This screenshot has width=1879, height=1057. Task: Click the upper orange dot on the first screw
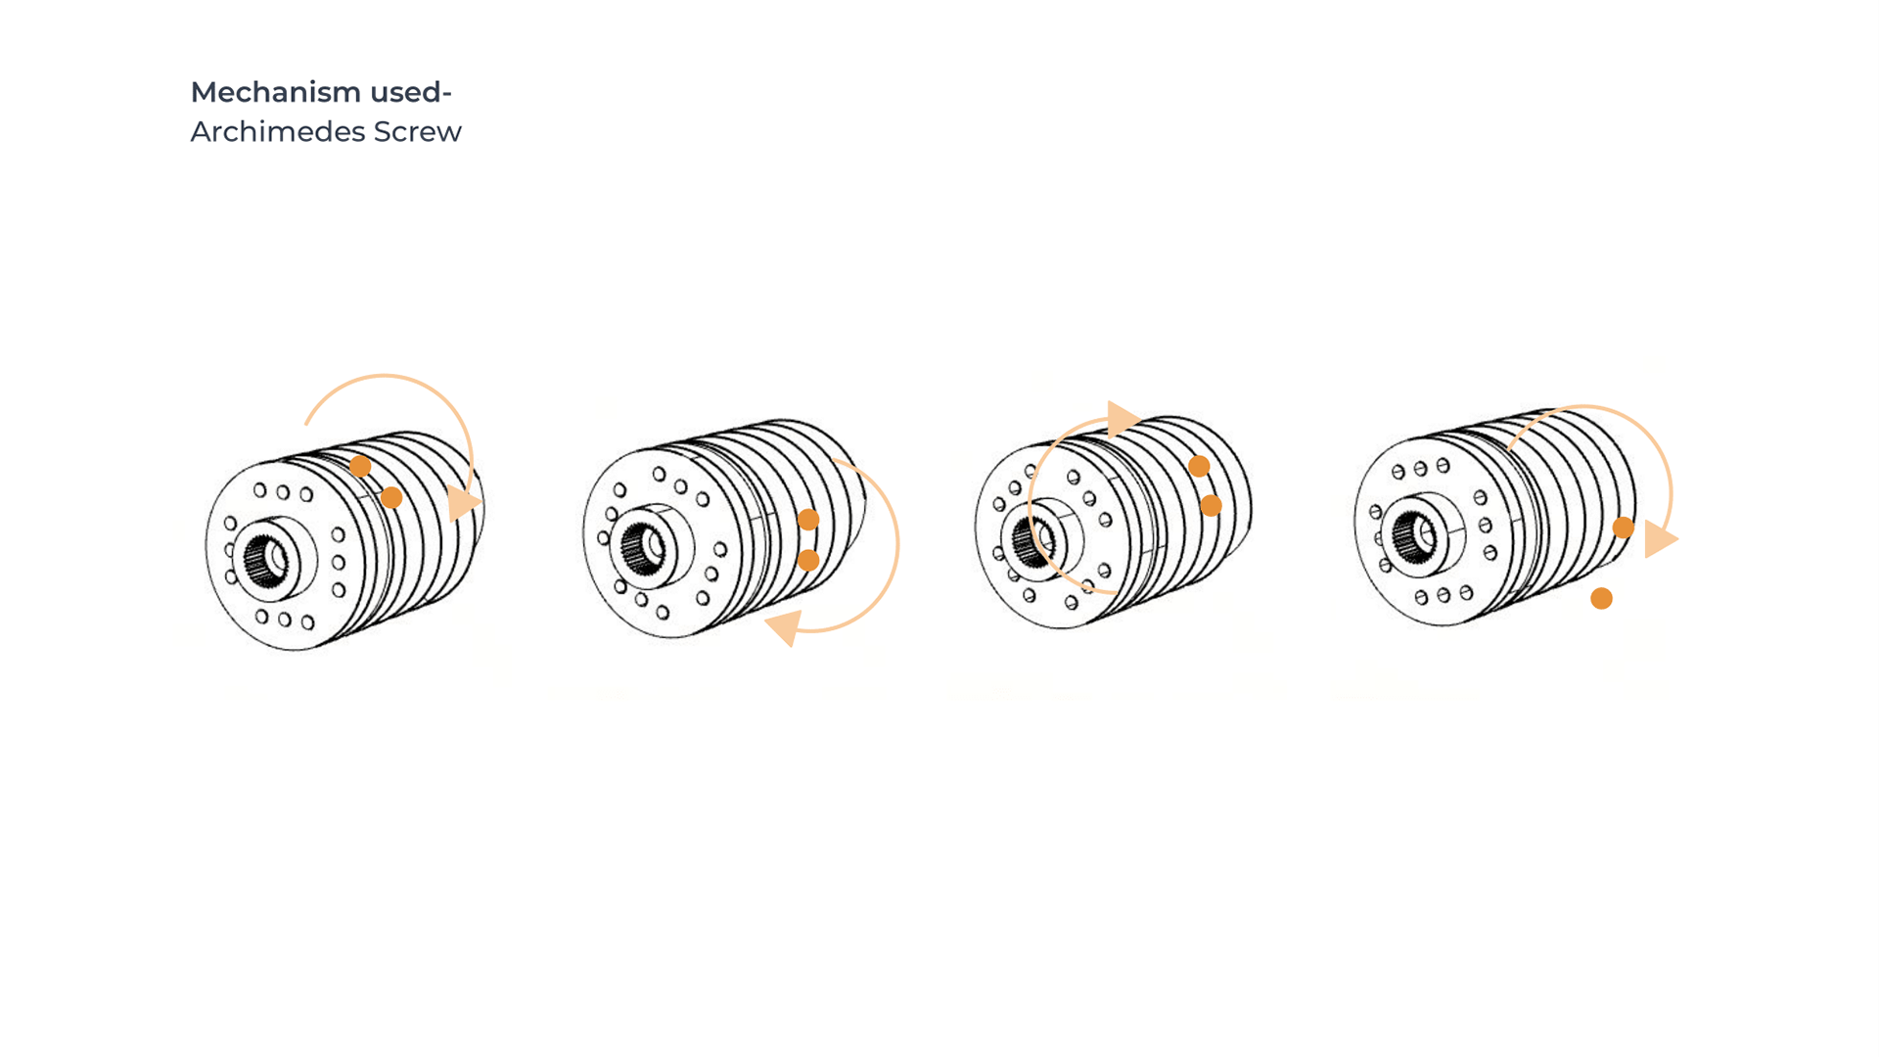click(x=360, y=466)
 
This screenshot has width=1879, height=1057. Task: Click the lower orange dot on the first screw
click(x=391, y=497)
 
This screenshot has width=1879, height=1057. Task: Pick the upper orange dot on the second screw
click(x=808, y=520)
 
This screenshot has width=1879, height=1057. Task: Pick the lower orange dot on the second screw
click(x=808, y=560)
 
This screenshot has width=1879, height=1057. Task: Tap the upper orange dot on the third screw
click(x=1199, y=466)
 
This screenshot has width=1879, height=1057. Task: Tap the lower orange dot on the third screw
click(x=1211, y=505)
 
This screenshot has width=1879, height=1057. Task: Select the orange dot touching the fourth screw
click(x=1623, y=528)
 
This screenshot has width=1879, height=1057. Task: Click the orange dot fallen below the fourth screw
click(x=1601, y=598)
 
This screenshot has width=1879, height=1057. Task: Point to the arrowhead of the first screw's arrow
click(x=463, y=503)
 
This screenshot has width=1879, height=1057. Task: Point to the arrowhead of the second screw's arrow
click(x=785, y=626)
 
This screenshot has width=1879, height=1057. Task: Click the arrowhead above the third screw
click(x=1122, y=419)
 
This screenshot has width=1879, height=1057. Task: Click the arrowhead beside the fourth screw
click(x=1660, y=539)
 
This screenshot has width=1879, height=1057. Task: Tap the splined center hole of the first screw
click(x=264, y=561)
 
